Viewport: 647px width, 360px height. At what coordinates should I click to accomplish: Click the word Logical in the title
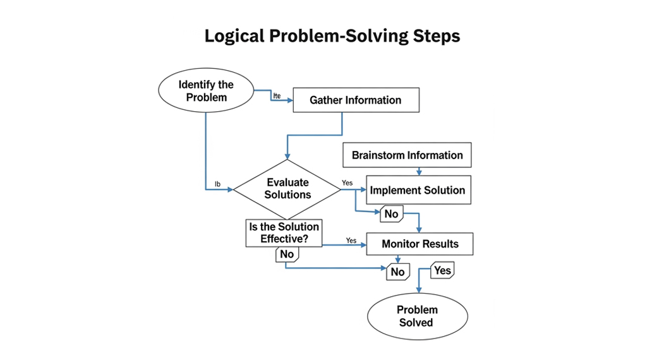[x=234, y=37]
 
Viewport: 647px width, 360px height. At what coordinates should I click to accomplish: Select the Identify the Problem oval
[x=206, y=91]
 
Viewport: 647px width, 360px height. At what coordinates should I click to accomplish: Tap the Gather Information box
[x=356, y=100]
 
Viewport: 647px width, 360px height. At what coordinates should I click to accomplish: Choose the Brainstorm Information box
[x=408, y=155]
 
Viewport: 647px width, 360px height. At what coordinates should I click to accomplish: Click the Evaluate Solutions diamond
[x=287, y=189]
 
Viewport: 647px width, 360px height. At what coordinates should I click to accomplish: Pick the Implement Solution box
[x=418, y=190]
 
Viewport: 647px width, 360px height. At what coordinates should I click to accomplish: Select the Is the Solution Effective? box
[x=284, y=233]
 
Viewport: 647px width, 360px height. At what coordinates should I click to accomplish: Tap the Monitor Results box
[x=420, y=244]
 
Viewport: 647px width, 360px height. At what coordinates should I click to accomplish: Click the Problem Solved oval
[x=417, y=316]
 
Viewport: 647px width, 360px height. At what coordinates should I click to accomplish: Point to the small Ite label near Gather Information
[x=277, y=95]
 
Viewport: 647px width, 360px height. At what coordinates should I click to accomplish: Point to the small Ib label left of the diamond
[x=217, y=184]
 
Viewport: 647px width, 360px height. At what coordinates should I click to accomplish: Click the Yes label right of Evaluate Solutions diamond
[x=348, y=183]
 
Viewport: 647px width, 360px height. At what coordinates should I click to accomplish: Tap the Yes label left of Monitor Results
[x=351, y=241]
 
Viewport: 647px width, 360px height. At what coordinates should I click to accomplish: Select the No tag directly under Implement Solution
[x=391, y=214]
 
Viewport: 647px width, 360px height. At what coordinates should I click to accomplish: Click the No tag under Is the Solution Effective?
[x=287, y=254]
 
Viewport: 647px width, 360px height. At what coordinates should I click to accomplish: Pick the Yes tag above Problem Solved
[x=443, y=271]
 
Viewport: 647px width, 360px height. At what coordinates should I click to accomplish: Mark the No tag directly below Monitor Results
[x=397, y=272]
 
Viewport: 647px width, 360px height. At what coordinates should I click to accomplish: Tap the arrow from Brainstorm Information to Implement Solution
[x=419, y=171]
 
